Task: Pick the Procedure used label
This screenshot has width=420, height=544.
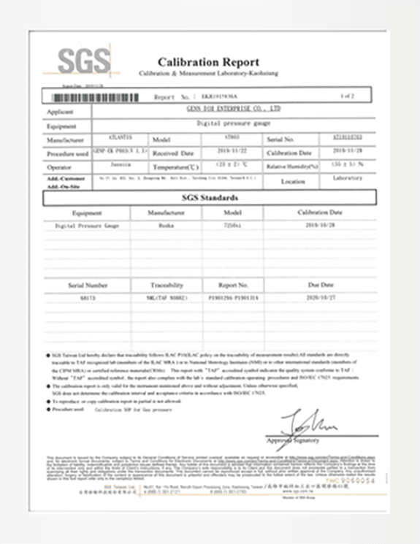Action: point(66,153)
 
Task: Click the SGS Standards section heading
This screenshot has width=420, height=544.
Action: point(210,197)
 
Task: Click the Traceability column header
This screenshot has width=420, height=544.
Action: point(167,286)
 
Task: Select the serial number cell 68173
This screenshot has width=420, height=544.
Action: point(88,299)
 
